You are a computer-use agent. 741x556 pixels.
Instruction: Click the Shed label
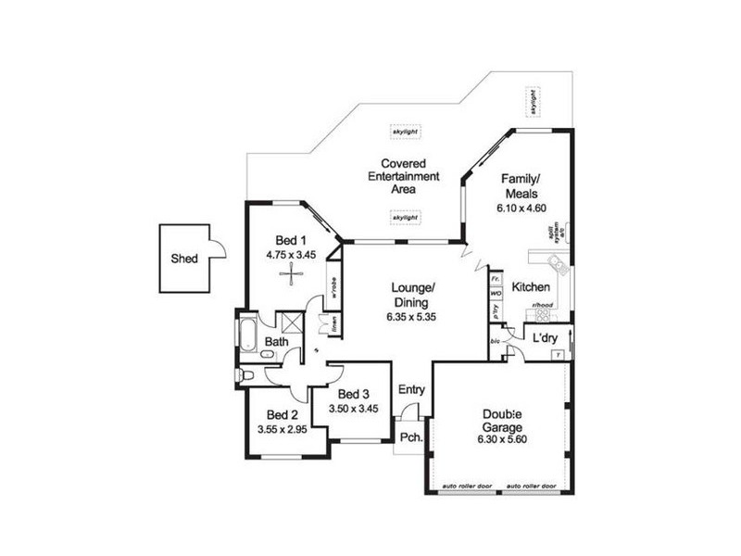tap(183, 259)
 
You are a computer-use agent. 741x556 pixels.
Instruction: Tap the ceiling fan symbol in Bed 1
tap(293, 272)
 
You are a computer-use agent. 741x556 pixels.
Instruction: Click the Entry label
tap(412, 390)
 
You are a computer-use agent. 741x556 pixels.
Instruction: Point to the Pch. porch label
tap(411, 438)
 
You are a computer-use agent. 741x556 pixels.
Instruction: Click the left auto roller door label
tap(466, 486)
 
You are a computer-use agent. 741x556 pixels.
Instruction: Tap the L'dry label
tap(545, 339)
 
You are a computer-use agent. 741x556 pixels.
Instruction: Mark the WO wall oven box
tap(496, 293)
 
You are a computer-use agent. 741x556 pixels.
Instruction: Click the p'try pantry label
tap(496, 313)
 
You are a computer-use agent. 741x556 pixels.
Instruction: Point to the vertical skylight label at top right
tap(534, 102)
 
